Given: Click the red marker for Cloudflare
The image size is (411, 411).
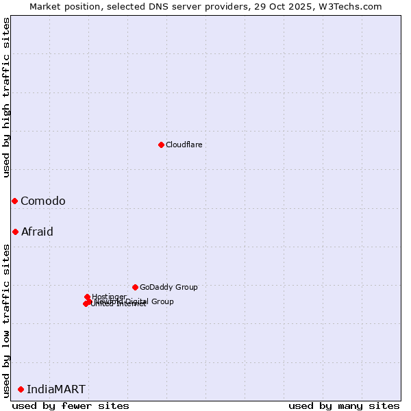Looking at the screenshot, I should tap(161, 145).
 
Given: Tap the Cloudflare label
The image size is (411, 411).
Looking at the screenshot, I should tap(184, 145).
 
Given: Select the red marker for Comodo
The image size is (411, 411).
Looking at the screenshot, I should tap(14, 201).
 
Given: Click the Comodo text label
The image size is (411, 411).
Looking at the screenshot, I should tap(43, 201).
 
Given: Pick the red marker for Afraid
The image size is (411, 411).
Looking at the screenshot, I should tap(15, 232).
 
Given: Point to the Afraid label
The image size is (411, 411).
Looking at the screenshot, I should tap(37, 232).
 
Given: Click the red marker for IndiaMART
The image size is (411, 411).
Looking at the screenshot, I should tap(21, 389).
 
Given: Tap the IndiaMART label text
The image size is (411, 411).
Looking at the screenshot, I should tap(56, 389).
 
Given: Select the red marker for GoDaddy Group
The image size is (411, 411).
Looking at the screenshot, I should tap(135, 287).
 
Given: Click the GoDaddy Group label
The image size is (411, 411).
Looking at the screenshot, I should tap(169, 287).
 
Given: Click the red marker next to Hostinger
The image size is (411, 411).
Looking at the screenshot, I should tap(87, 297).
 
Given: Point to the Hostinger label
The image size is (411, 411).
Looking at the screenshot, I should tap(109, 297).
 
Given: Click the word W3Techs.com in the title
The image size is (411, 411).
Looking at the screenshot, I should tap(356, 6).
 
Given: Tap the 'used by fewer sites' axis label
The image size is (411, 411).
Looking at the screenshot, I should tap(71, 406).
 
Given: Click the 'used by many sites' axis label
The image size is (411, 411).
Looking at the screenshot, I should tap(344, 406).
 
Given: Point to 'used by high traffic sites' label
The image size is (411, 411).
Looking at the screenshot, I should tap(6, 97).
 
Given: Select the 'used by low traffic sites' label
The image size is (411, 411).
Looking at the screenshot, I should tap(6, 320).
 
